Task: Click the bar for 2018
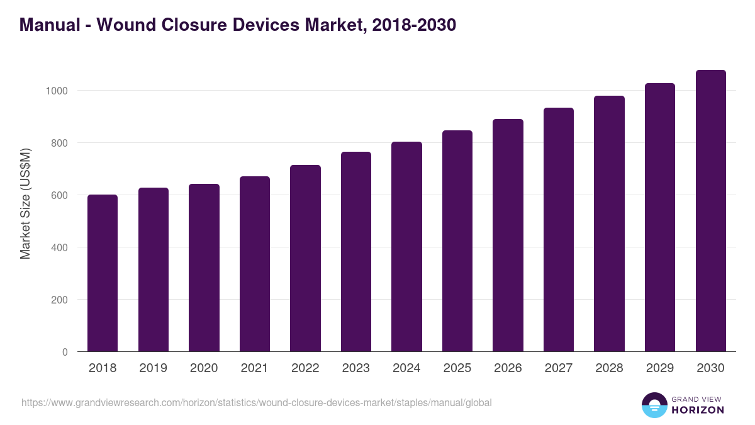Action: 103,273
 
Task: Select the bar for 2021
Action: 255,264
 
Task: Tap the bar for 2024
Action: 406,247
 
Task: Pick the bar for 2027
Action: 559,230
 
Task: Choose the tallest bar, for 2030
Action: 710,211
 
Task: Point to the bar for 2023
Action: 356,252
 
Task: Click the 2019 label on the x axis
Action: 153,368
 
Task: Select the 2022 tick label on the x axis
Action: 305,368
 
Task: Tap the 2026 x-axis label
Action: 508,368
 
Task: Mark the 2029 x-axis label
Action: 660,368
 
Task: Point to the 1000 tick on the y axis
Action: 56,91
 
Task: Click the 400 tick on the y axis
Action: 59,247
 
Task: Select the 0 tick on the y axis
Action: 65,352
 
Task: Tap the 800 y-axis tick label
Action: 59,143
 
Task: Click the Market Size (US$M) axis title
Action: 25,203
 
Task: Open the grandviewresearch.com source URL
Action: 256,402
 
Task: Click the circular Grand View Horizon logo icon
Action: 654,405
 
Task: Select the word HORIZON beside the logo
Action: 697,410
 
